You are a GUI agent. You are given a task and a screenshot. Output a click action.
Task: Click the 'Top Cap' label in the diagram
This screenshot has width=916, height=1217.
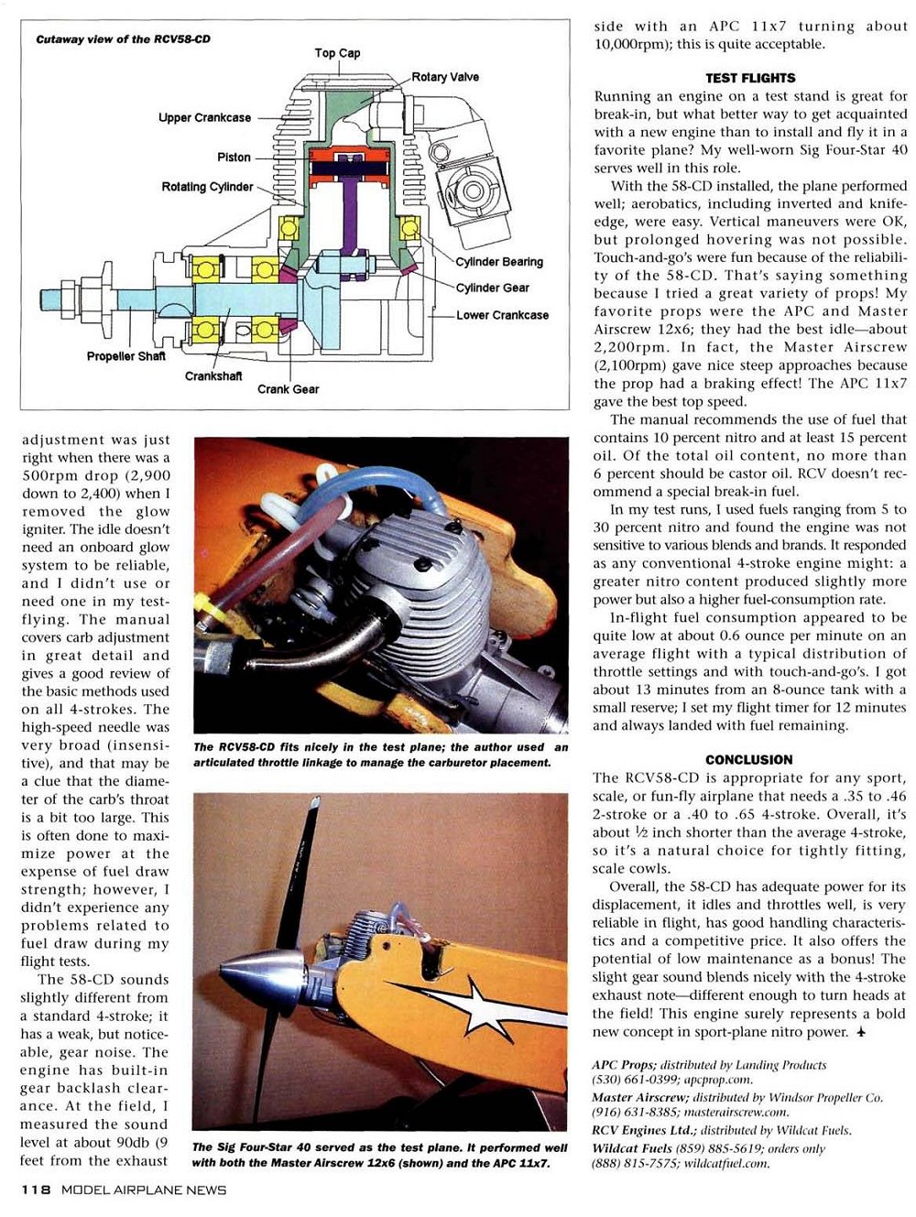(337, 53)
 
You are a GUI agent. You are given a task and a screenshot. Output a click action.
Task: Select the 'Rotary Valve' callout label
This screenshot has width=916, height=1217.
(445, 77)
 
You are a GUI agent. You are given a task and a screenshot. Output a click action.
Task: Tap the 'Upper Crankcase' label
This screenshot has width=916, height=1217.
(204, 118)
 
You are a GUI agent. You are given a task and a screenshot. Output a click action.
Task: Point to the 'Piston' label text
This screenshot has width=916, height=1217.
(234, 158)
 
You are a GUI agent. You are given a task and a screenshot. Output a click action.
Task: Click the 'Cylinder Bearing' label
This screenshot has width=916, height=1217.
(499, 262)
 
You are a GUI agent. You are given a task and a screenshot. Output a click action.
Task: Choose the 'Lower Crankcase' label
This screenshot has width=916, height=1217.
(503, 315)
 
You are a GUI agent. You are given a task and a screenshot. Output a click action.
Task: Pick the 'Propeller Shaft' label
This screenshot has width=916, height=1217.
(126, 356)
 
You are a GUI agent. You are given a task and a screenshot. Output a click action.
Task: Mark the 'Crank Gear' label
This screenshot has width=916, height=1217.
(288, 389)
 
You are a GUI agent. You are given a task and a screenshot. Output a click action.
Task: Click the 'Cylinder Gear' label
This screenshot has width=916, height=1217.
(492, 288)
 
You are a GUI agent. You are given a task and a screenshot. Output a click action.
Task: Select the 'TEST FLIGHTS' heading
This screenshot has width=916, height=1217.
(750, 79)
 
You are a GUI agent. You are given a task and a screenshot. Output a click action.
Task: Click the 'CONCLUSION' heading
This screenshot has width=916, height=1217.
(749, 760)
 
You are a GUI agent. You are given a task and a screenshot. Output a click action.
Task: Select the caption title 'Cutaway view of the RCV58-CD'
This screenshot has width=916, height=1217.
(123, 39)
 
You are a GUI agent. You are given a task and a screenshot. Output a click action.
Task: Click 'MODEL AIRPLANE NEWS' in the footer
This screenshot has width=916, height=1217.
(144, 1190)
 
